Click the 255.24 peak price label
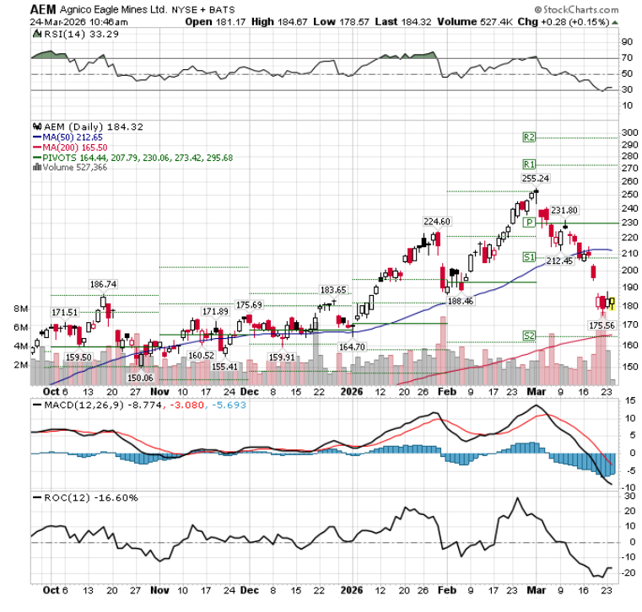[536, 178]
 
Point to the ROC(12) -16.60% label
[83, 497]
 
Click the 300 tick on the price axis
[629, 133]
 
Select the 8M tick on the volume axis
[21, 309]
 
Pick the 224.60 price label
[437, 221]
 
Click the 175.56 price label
[602, 325]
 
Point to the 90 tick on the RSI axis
[628, 41]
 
